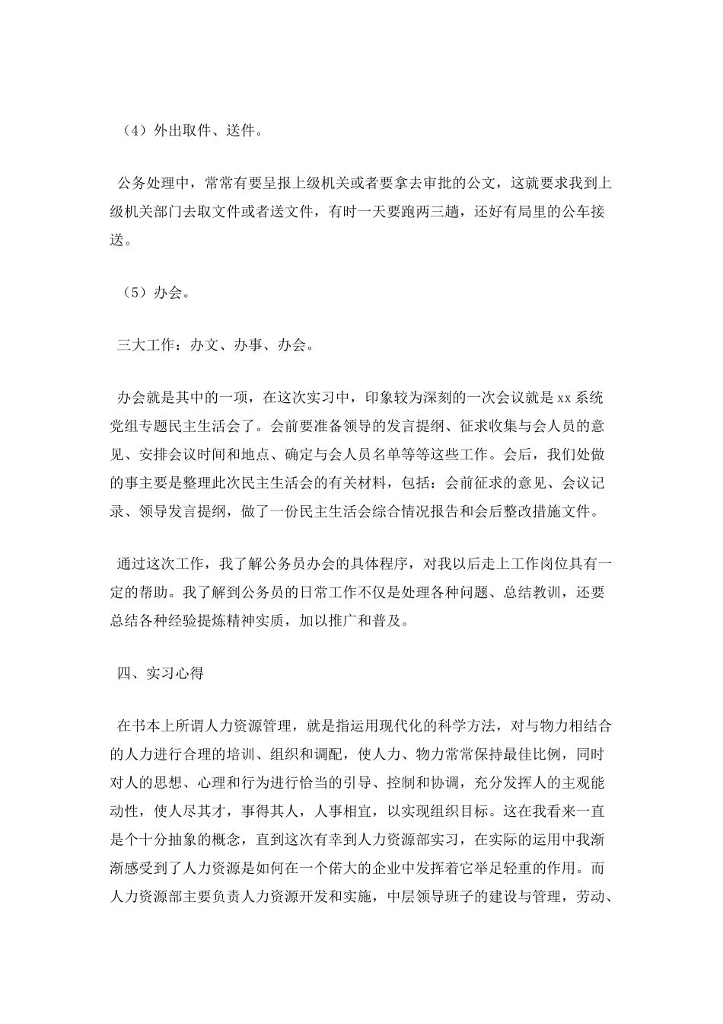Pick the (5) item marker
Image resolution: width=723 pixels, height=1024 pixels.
pyautogui.click(x=129, y=293)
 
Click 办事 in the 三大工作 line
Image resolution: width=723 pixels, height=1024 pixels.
pyautogui.click(x=246, y=345)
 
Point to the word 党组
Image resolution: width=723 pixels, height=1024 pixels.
pyautogui.click(x=127, y=426)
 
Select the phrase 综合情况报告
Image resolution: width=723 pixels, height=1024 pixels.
pyautogui.click(x=418, y=512)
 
